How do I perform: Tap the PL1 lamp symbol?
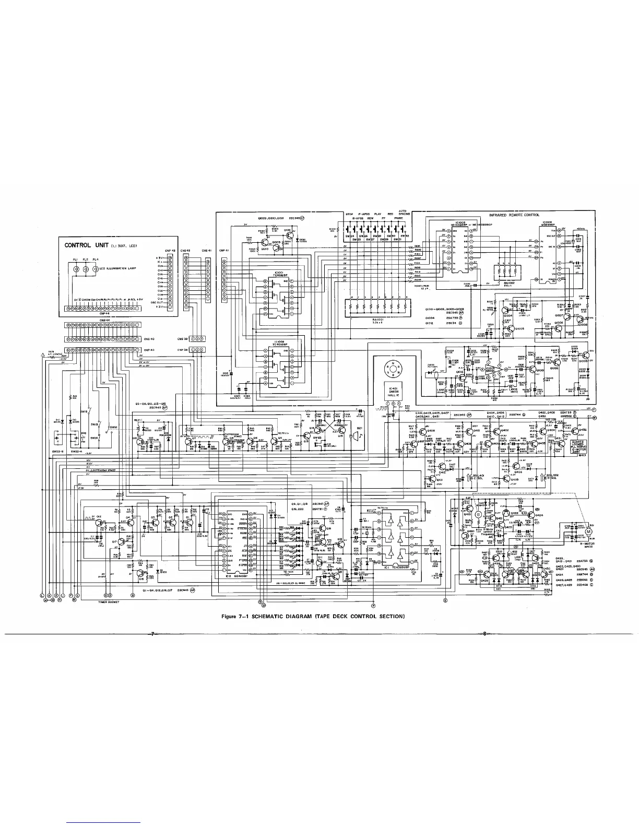[x=77, y=269]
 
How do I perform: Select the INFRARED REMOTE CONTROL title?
[x=514, y=215]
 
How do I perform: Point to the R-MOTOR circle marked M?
[x=588, y=530]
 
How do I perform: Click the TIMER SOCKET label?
[x=110, y=602]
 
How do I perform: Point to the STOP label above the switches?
[x=350, y=214]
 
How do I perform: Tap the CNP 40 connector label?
[x=149, y=350]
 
